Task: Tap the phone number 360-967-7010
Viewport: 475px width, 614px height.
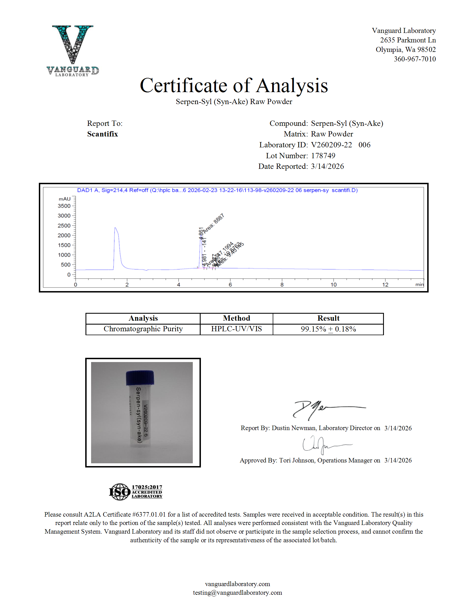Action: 414,59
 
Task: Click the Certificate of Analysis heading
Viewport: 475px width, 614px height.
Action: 234,85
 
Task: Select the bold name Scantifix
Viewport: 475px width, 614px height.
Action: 103,134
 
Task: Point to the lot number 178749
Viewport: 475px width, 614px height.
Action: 323,156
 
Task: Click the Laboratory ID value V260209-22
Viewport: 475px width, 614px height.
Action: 331,145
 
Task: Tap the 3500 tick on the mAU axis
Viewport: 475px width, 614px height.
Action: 64,206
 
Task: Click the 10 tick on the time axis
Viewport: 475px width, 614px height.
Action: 333,284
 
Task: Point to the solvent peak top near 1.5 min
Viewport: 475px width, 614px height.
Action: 115,228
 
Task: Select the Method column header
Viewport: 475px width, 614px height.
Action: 236,318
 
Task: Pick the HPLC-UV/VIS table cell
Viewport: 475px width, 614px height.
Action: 236,329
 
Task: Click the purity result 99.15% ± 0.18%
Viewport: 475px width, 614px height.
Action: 328,329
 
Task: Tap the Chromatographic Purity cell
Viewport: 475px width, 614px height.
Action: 143,329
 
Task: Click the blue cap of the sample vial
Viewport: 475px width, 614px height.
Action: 140,377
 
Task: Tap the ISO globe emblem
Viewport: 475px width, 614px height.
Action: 120,492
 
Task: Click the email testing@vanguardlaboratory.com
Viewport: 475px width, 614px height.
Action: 237,593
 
